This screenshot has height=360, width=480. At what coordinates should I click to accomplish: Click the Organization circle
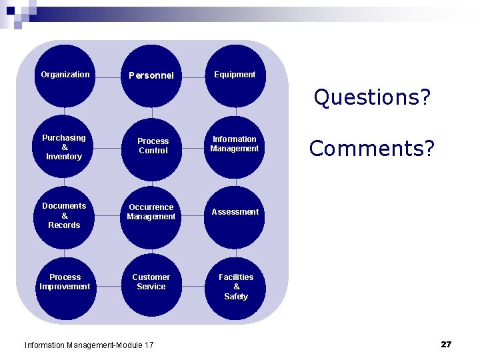tap(65, 75)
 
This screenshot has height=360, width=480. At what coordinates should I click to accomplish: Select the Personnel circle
tap(151, 75)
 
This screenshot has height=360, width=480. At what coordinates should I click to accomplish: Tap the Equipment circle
tap(235, 75)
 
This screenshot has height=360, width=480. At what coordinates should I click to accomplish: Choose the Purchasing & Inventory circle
tap(65, 147)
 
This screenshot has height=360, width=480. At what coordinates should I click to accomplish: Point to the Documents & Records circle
tap(65, 215)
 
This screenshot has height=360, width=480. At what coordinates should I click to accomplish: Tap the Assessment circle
tap(235, 213)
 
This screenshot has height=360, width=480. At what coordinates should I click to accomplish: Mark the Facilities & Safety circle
tap(236, 287)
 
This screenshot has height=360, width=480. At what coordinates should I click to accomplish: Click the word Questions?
tap(373, 98)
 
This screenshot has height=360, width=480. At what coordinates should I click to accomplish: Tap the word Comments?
tap(372, 148)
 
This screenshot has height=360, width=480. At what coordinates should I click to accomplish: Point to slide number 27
tap(446, 344)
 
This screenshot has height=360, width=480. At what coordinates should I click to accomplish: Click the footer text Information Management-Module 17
tap(89, 345)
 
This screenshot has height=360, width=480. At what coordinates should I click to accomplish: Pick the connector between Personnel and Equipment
tap(193, 76)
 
